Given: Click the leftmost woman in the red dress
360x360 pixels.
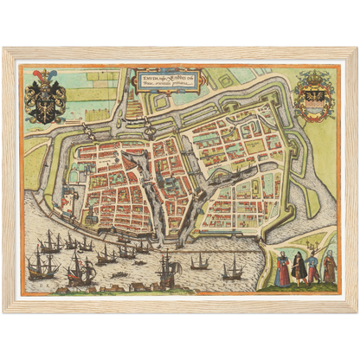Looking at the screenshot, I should pos(283,270).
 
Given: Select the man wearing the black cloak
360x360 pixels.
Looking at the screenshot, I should pos(299,268).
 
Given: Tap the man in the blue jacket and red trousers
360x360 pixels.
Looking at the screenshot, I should pos(313,268).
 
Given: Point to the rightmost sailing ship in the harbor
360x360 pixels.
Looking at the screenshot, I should pos(232,270).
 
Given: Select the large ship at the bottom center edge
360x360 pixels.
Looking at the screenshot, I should pos(166,274).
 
